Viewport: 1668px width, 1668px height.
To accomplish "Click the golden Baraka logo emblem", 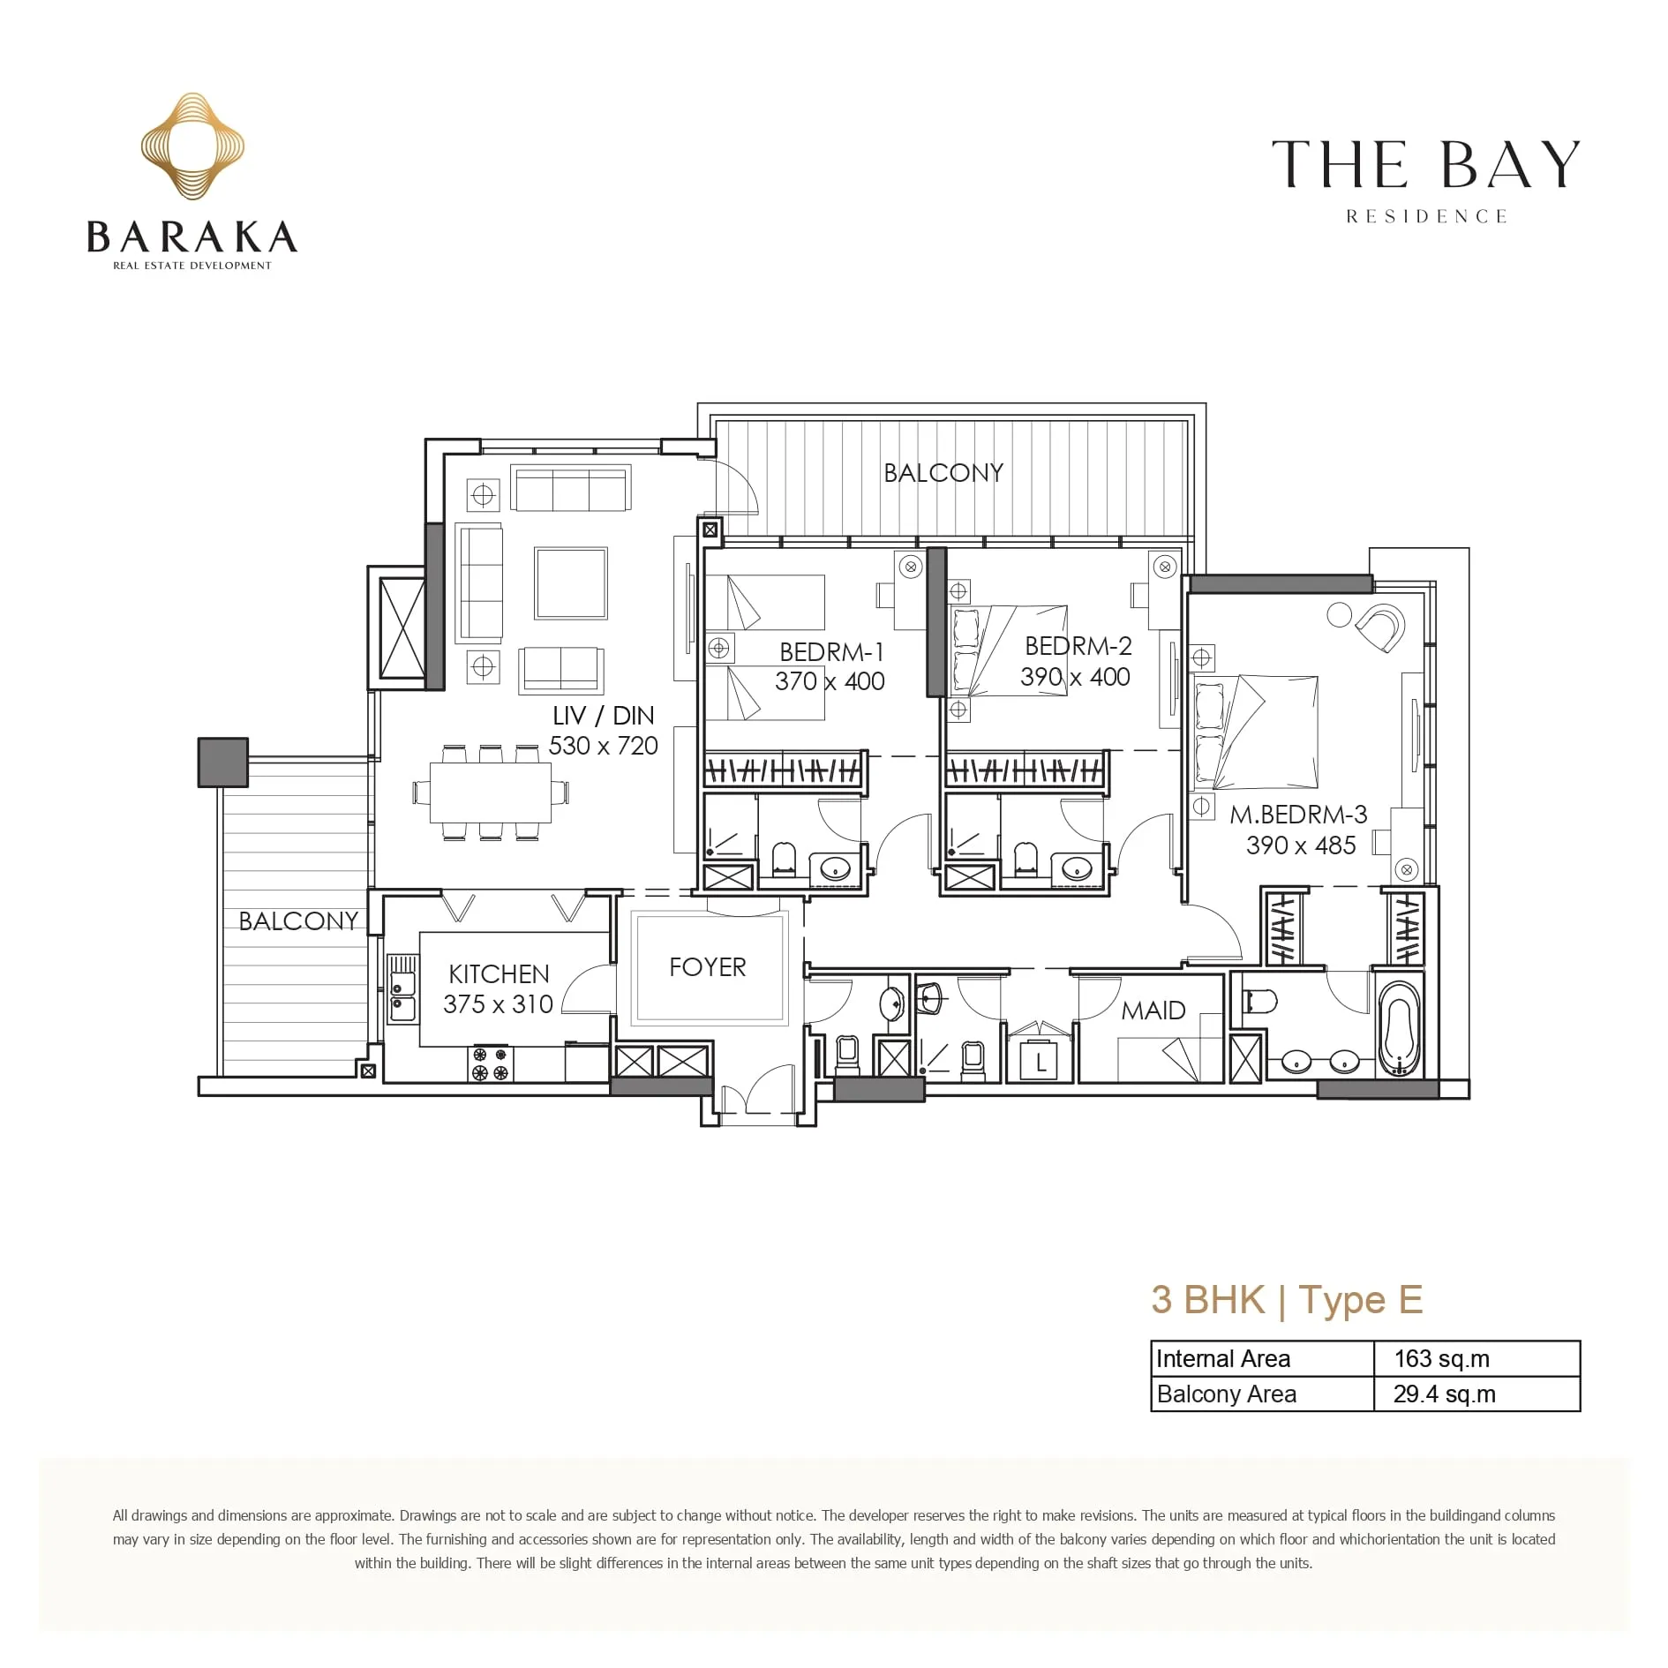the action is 192,146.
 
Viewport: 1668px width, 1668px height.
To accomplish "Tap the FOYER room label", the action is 707,967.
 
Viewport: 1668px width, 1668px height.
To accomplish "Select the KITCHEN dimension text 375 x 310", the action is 498,1004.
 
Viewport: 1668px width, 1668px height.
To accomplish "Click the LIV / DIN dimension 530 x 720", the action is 604,746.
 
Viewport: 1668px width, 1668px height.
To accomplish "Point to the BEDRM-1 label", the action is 831,652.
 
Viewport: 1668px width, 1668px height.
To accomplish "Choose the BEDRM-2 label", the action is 1078,646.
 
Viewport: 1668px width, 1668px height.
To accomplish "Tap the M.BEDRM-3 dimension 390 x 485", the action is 1301,845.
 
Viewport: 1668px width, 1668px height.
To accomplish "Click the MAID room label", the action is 1153,1011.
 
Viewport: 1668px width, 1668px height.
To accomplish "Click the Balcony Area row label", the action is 1227,1394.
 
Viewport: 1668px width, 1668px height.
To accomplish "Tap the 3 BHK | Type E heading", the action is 1287,1300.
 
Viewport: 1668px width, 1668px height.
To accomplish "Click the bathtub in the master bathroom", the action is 1401,1028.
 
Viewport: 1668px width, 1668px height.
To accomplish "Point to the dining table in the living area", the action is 491,792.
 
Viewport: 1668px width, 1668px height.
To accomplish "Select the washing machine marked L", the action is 1041,1061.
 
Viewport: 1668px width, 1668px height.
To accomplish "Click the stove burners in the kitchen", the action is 491,1063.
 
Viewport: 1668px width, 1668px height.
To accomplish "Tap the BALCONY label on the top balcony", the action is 943,473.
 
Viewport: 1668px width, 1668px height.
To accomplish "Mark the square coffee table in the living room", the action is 570,583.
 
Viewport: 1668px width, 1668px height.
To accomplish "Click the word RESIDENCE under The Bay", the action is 1426,217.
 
